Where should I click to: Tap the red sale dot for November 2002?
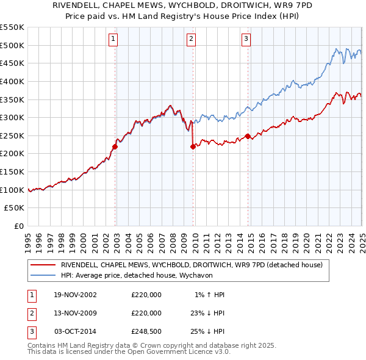click(x=115, y=146)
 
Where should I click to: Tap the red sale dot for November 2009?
click(x=193, y=146)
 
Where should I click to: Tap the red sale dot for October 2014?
click(x=248, y=136)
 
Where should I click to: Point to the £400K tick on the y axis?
click(x=12, y=81)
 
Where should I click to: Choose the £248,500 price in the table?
click(x=146, y=331)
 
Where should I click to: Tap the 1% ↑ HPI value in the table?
click(x=210, y=295)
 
